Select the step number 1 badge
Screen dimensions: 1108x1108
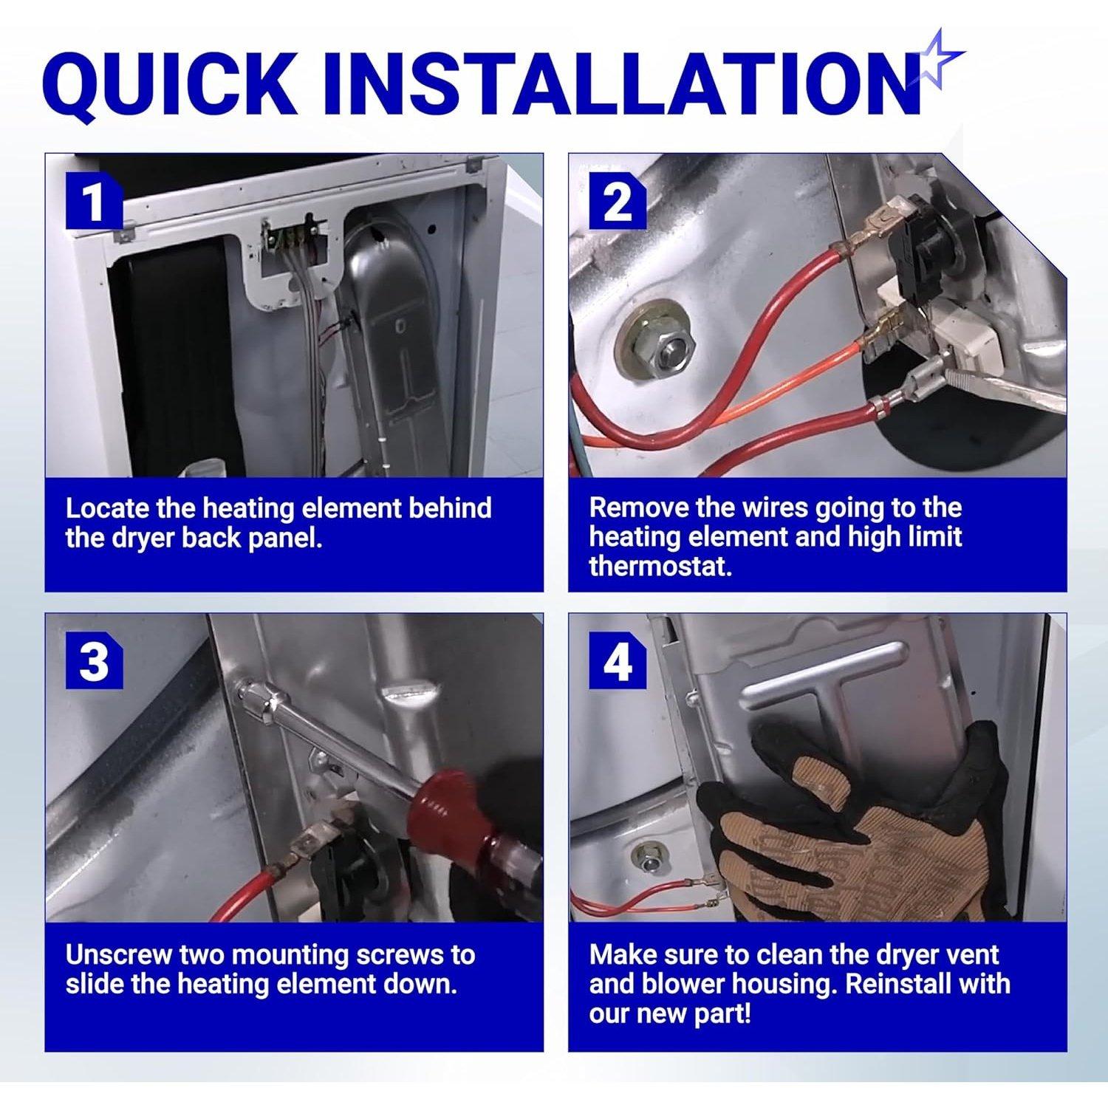tap(94, 202)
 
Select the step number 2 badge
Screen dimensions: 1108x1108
tap(618, 202)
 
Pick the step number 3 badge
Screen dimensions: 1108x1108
tap(94, 663)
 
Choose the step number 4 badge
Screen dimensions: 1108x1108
tap(618, 663)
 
